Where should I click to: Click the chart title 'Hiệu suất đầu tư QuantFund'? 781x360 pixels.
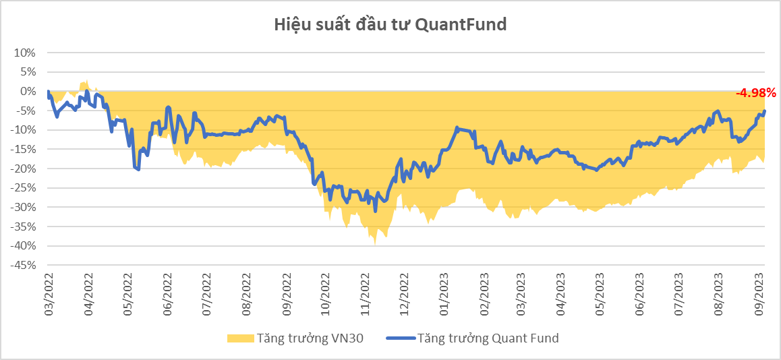390,25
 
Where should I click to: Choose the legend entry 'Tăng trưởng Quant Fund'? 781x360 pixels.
472,338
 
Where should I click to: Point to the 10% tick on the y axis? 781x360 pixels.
25,53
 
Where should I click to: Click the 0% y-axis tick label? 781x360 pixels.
28,91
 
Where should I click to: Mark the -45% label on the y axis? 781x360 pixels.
22,266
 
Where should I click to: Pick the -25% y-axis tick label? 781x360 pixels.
22,188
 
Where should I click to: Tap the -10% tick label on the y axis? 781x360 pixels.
22,129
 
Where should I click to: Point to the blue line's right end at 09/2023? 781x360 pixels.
764,111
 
